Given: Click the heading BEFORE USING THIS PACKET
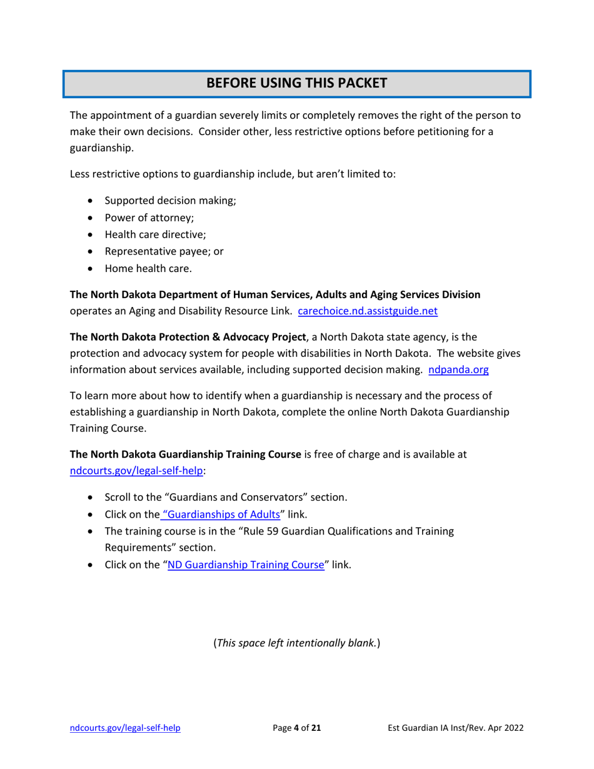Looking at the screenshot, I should click(296, 83).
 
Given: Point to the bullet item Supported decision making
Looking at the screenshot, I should click(169, 201).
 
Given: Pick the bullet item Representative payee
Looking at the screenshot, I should click(164, 252).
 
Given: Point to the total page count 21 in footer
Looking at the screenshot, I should click(316, 728).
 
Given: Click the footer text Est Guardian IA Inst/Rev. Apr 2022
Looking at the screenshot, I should click(455, 728).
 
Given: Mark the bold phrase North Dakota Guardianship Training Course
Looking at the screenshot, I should click(186, 455).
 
